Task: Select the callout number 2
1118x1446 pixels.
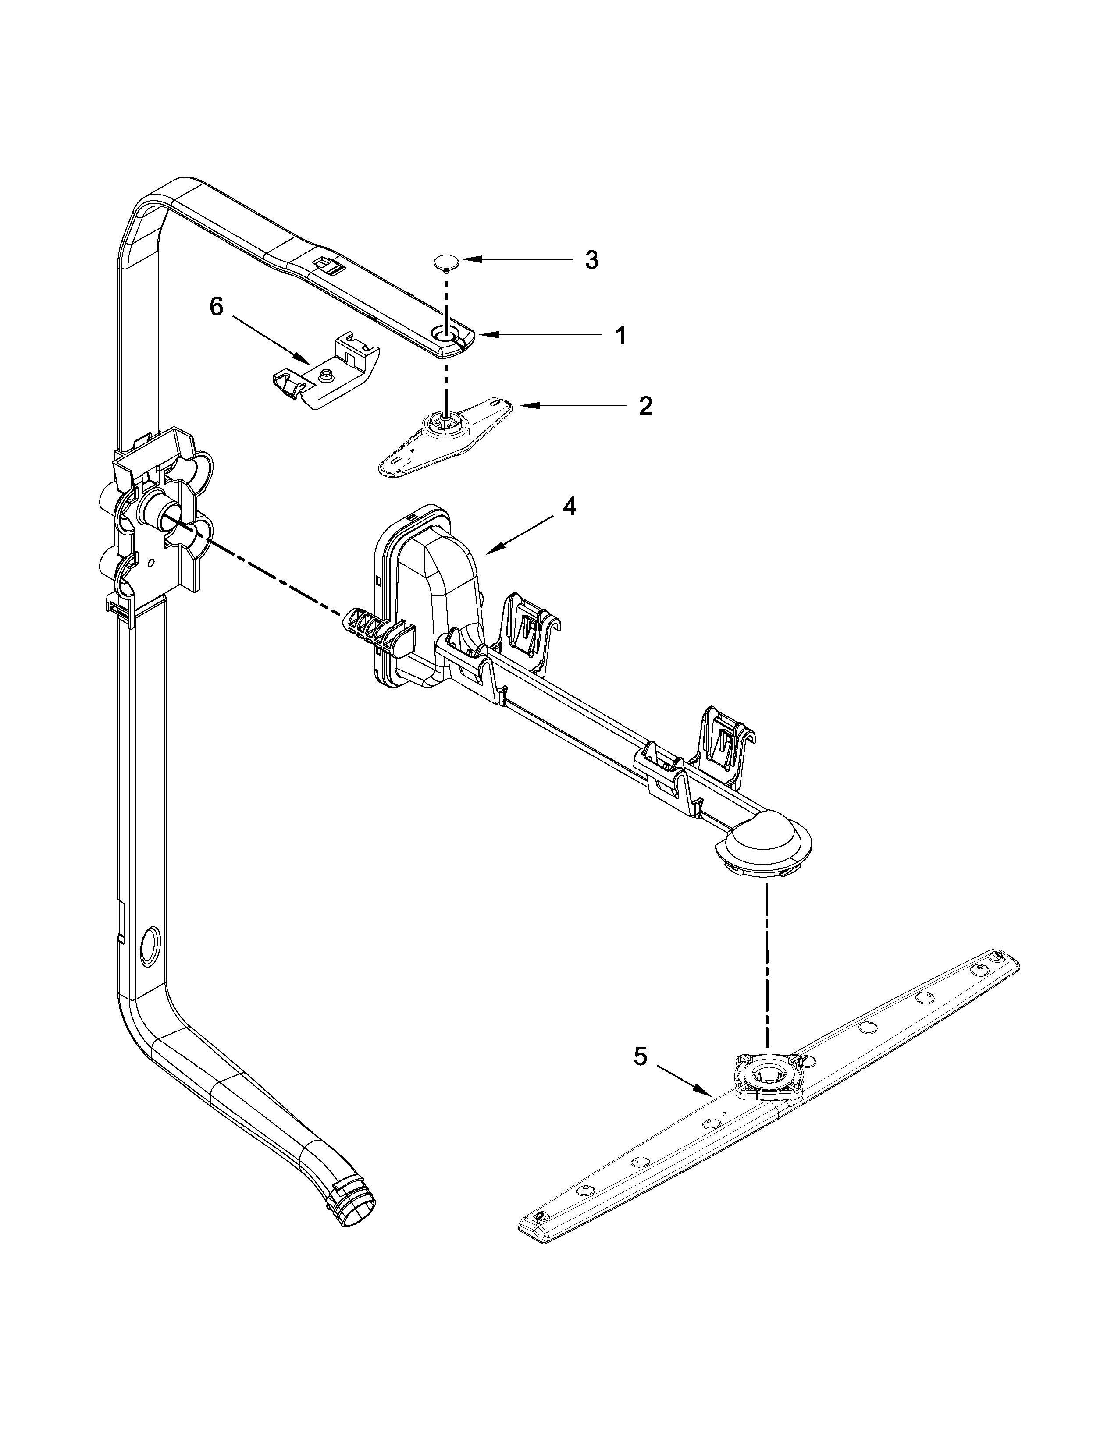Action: coord(644,406)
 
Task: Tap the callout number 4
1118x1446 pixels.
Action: coord(569,507)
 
